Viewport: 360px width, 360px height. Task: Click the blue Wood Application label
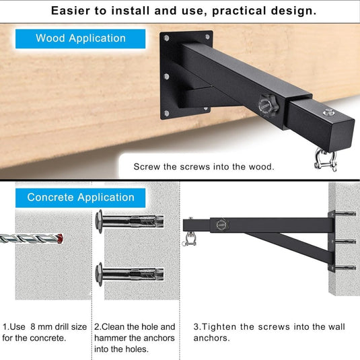tap(80, 38)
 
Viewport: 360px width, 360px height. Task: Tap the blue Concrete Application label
tap(80, 198)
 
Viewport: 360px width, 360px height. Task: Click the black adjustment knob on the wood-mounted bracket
tap(268, 105)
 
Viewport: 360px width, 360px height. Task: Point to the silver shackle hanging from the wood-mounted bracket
tap(326, 159)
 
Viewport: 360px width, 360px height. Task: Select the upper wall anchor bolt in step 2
tap(130, 221)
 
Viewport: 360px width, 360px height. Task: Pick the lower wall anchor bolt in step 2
tap(130, 275)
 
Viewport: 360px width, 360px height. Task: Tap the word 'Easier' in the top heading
tap(71, 11)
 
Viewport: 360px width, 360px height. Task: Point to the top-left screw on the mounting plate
tap(166, 38)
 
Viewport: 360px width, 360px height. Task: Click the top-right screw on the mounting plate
tap(207, 37)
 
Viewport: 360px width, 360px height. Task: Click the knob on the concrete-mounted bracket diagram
tap(222, 225)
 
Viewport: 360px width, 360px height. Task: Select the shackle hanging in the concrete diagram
tap(189, 240)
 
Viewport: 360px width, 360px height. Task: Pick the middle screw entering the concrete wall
tap(345, 242)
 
